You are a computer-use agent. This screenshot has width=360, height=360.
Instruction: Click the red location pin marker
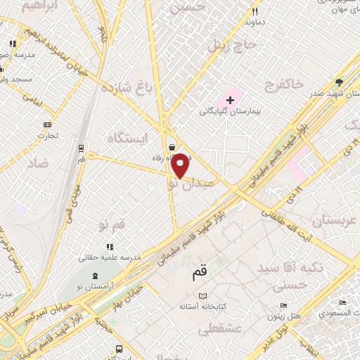(x=181, y=165)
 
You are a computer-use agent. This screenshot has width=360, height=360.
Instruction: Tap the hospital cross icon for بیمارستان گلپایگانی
(x=230, y=101)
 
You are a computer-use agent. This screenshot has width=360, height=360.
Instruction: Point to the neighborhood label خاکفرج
(x=285, y=84)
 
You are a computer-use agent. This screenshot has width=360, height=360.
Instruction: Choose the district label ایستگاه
(x=127, y=137)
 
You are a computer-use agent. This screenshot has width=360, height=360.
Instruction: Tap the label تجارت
(x=46, y=135)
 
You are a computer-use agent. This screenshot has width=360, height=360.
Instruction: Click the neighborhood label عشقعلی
(x=219, y=328)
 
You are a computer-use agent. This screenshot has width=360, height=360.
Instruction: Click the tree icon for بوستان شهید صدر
(x=340, y=82)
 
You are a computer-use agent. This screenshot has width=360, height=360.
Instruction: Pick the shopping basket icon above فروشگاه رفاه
(x=173, y=147)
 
